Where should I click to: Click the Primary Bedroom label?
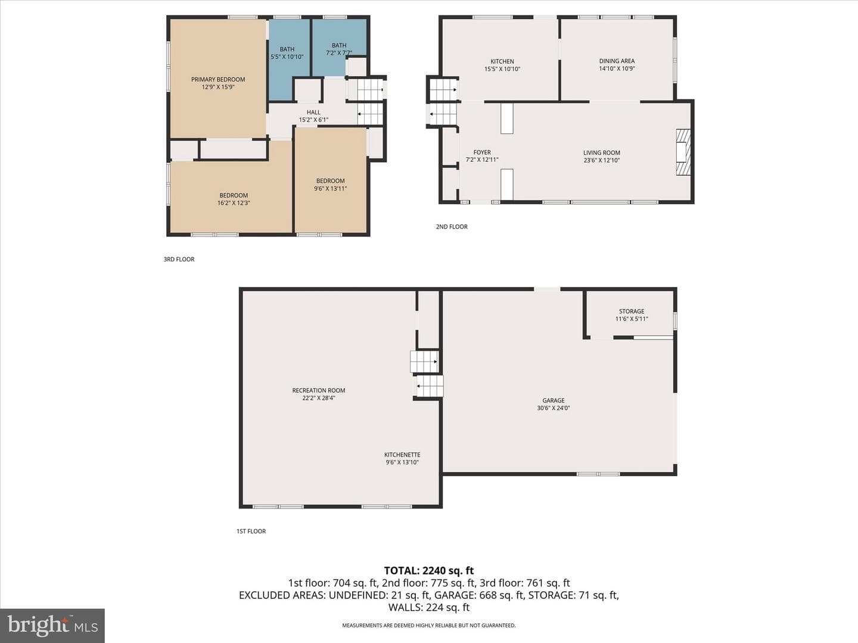218,79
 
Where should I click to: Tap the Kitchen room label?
502,61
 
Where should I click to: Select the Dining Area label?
617,61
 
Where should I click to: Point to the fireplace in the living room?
683,152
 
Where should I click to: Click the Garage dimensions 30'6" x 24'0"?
554,408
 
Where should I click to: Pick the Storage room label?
632,311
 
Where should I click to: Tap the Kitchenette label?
402,455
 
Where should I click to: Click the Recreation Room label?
319,391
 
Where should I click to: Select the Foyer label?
482,152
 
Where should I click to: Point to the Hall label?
313,113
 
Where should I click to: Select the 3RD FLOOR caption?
179,259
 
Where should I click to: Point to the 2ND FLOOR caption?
452,226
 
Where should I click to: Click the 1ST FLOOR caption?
251,531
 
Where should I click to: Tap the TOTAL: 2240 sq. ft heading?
429,571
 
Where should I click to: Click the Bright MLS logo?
52,625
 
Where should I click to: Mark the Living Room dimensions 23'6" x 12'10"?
602,160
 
